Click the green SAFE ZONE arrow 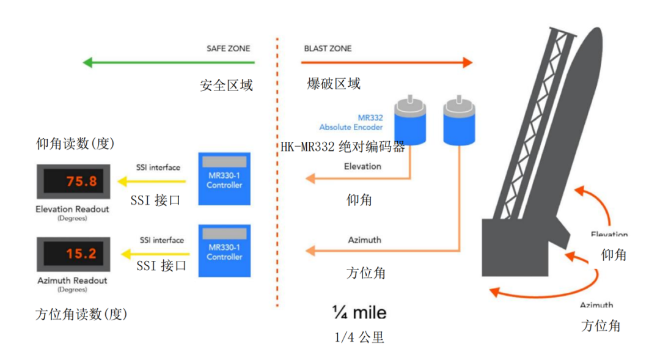(x=169, y=62)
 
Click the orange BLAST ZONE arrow (x=388, y=62)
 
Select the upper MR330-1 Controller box (x=225, y=178)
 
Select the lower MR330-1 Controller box (x=225, y=250)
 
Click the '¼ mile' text (x=359, y=312)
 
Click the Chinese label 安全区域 (x=226, y=86)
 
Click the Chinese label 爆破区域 (x=333, y=84)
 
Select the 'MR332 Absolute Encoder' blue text (x=351, y=122)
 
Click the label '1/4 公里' (x=359, y=337)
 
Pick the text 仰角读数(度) (x=76, y=144)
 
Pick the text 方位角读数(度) (x=81, y=315)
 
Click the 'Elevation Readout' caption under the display (x=72, y=210)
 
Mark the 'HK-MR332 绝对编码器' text (x=343, y=147)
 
